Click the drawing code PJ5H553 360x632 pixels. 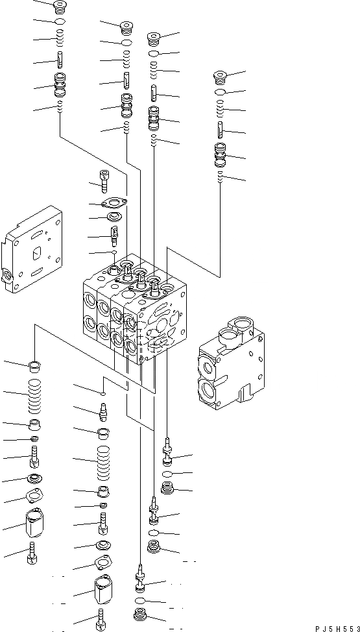(337, 628)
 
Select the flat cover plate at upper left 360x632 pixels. (32, 250)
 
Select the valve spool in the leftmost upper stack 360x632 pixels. (60, 86)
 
